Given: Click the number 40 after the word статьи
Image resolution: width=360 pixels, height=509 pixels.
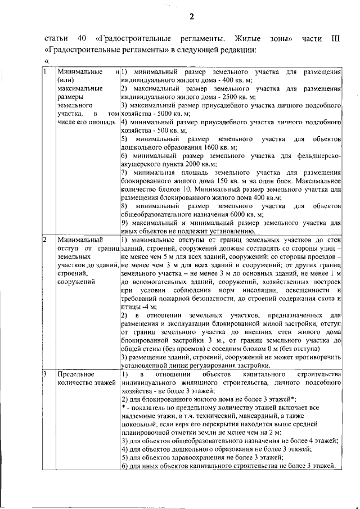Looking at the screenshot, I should [x=80, y=39].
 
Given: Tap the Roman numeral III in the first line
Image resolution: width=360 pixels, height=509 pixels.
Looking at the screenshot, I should [x=335, y=39].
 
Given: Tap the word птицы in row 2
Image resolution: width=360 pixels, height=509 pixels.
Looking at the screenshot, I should [x=130, y=307].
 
